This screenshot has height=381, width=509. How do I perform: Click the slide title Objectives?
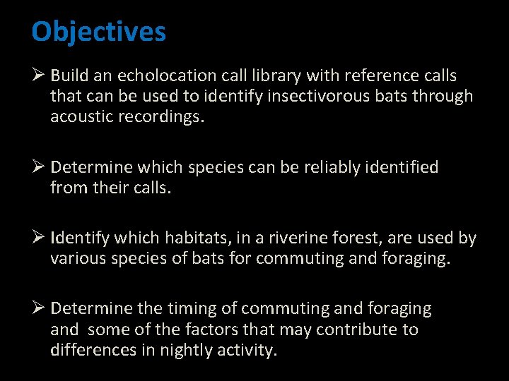[x=99, y=32]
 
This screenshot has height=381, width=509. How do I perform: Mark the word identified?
[x=401, y=167]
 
